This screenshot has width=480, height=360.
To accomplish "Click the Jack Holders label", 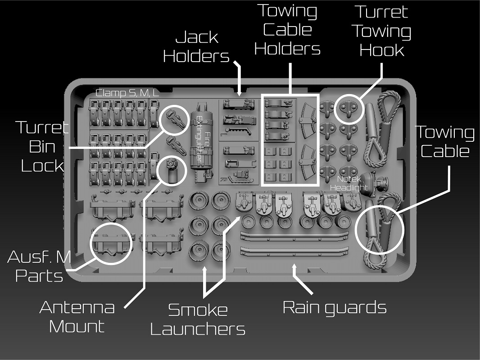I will [x=196, y=46].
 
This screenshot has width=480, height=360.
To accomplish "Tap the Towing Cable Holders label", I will [x=287, y=30].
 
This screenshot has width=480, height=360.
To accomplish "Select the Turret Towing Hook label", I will [x=381, y=31].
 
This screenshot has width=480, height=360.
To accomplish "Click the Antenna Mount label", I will [x=77, y=317].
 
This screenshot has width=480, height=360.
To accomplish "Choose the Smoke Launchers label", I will [x=198, y=319].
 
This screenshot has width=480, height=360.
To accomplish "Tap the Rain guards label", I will [x=335, y=307].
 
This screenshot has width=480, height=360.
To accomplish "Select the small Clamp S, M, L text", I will [x=127, y=94].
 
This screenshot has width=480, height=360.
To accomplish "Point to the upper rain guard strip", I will [x=295, y=236].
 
